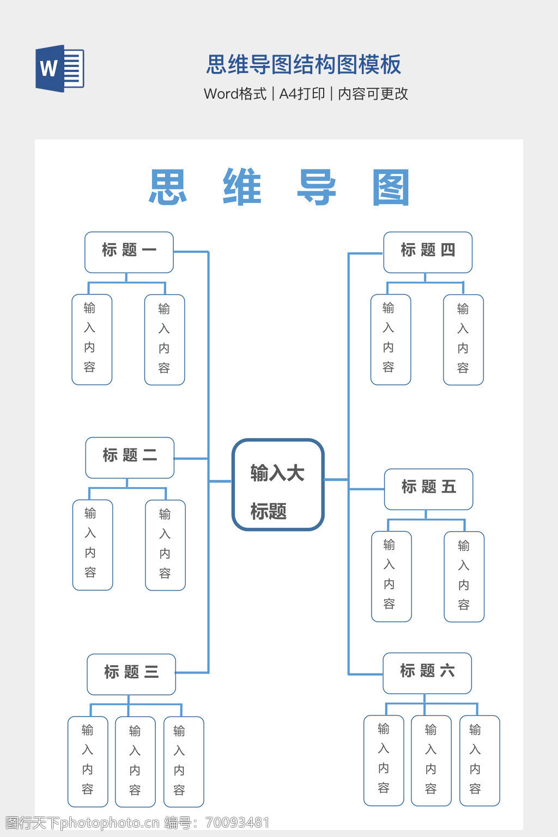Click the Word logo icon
pyautogui.click(x=59, y=69)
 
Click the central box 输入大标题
pyautogui.click(x=278, y=484)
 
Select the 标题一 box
pyautogui.click(x=129, y=252)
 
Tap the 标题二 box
pyautogui.click(x=130, y=457)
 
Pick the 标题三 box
pyautogui.click(x=131, y=674)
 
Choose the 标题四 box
pyautogui.click(x=428, y=252)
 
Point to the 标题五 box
pyautogui.click(x=428, y=489)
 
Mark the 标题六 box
pyautogui.click(x=427, y=673)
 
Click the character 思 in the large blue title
pyautogui.click(x=168, y=187)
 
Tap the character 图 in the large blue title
pyautogui.click(x=391, y=187)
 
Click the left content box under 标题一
pyautogui.click(x=92, y=339)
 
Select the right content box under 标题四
pyautogui.click(x=463, y=339)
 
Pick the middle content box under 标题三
pyautogui.click(x=135, y=761)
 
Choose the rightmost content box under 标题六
pyautogui.click(x=480, y=760)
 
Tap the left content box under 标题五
pyautogui.click(x=391, y=576)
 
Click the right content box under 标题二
pyautogui.click(x=165, y=545)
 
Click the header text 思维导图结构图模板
pyautogui.click(x=304, y=64)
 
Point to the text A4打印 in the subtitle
pyautogui.click(x=302, y=94)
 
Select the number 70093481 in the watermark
pyautogui.click(x=237, y=822)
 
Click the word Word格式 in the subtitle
pyautogui.click(x=235, y=94)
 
